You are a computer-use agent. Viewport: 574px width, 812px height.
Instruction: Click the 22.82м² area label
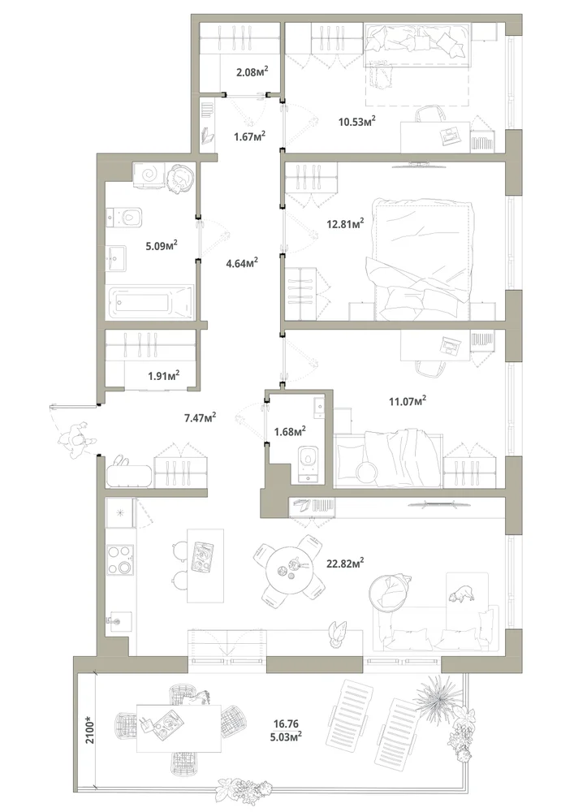point(345,563)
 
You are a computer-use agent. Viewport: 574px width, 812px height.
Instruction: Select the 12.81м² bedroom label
point(345,224)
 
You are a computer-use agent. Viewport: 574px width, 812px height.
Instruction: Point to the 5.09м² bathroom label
point(162,245)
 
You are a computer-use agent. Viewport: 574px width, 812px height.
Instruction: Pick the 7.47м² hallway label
point(200,417)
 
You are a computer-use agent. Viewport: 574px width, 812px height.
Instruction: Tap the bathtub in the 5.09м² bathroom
point(149,302)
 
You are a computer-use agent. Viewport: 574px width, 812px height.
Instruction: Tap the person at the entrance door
point(76,439)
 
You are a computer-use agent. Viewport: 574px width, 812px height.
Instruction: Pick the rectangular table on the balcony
point(179,728)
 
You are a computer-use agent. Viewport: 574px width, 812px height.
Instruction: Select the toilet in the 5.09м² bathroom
point(125,218)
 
